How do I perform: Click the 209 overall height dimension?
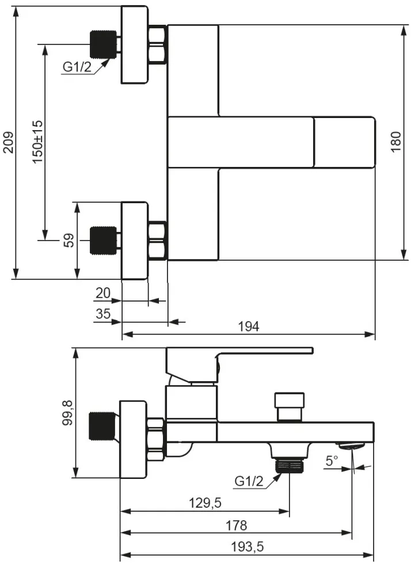point(8,143)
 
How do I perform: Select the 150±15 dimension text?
point(37,142)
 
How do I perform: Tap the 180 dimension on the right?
point(396,142)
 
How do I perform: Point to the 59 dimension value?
point(68,241)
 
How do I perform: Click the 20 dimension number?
point(103,293)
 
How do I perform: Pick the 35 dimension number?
point(103,314)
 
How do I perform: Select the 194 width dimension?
point(249,326)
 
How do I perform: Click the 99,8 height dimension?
point(67,413)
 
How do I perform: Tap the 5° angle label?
point(332,461)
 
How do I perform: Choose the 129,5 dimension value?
point(205,503)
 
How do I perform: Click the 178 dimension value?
point(237,525)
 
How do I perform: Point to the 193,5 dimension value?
point(248,547)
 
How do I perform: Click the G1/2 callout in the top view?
point(77,67)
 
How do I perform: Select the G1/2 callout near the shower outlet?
point(249,481)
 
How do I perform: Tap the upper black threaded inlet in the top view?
point(104,44)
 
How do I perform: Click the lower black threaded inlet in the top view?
point(104,241)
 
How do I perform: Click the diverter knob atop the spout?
point(289,407)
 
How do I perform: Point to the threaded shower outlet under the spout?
point(289,465)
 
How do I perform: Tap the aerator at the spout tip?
point(351,445)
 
